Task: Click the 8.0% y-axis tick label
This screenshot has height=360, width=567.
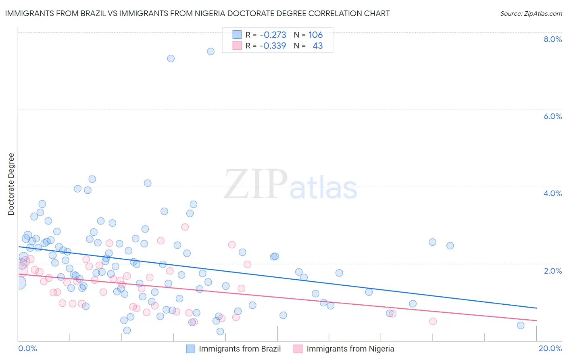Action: (x=552, y=39)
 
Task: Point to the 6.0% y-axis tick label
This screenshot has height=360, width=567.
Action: (x=552, y=116)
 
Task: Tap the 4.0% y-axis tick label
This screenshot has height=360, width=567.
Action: (x=552, y=193)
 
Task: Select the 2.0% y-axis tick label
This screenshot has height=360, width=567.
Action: (x=552, y=271)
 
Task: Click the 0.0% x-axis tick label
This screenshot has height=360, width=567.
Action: (x=27, y=348)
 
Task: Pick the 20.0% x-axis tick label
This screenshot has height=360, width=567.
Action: (x=550, y=348)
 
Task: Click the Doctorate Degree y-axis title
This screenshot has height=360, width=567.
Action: (x=11, y=184)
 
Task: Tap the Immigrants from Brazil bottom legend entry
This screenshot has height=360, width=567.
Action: (x=239, y=349)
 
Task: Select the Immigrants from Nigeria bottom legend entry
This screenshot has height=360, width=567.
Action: (x=350, y=349)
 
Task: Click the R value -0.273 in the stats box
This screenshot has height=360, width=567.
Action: (x=273, y=35)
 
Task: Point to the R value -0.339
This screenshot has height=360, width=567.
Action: (x=273, y=46)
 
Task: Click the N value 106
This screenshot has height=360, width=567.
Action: (x=315, y=35)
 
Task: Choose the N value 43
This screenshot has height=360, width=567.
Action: (x=318, y=46)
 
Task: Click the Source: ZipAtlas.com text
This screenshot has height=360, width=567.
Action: (x=531, y=13)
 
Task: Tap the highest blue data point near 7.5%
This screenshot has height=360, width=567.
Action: (x=211, y=51)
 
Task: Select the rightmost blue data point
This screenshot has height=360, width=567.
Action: (x=521, y=325)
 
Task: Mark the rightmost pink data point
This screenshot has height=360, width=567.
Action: (x=433, y=321)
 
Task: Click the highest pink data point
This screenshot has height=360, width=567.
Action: (x=185, y=227)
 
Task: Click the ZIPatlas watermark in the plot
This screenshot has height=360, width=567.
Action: (x=290, y=185)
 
